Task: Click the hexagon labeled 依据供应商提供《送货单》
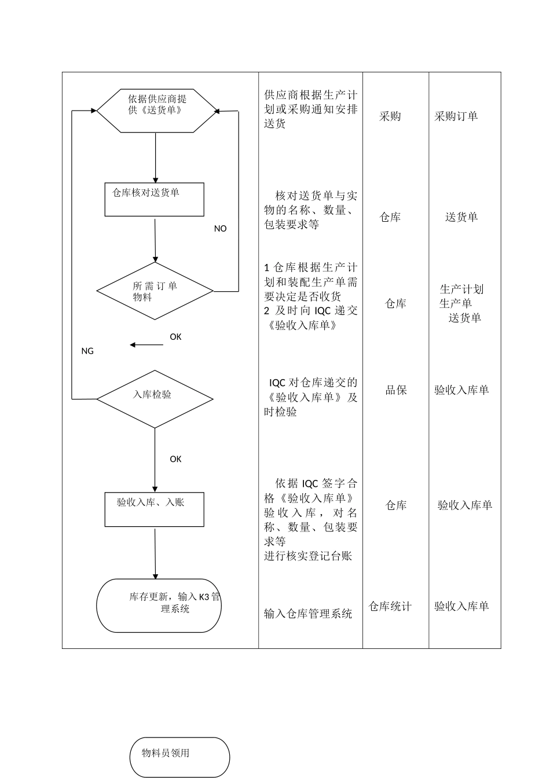pos(156,111)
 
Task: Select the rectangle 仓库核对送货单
pos(154,200)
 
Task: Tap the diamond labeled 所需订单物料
pos(155,291)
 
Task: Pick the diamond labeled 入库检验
pos(155,399)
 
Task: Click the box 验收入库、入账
pos(154,509)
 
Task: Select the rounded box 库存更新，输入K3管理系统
pos(159,605)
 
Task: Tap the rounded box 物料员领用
pos(179,757)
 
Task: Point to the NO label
pos(220,229)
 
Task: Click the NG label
pos(87,351)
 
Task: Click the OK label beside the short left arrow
pos(175,337)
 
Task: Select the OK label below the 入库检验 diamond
pos(175,459)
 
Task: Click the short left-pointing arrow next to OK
pos(146,345)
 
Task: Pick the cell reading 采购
pos(390,116)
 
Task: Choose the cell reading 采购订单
pos(456,116)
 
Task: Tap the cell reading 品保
pos(396,390)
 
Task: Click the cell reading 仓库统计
pos(390,607)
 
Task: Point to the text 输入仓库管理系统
pos(308,614)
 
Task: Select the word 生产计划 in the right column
pos(461,289)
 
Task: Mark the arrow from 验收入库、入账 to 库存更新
pos(155,553)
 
